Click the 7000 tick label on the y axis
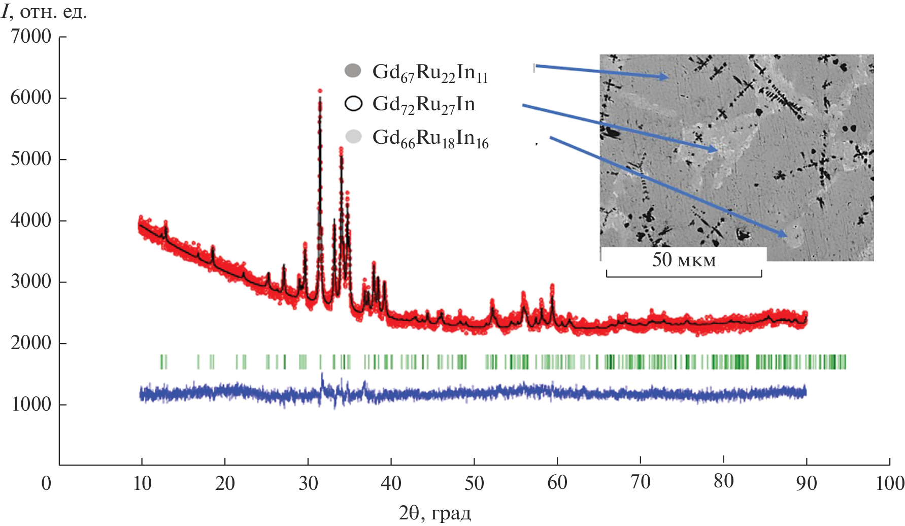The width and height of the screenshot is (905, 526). (x=31, y=37)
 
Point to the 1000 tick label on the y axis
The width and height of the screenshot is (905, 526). (x=31, y=405)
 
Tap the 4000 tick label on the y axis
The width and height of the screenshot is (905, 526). (x=31, y=221)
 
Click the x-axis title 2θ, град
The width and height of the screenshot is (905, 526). (x=435, y=513)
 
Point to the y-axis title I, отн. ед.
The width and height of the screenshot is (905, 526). (x=44, y=11)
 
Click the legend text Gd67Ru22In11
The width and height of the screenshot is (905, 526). (x=430, y=73)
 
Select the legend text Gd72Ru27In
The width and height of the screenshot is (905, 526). (x=424, y=105)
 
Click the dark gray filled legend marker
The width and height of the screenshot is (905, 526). (x=353, y=71)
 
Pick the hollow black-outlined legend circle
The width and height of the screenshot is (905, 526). (x=353, y=103)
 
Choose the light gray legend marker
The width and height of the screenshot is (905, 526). (x=353, y=136)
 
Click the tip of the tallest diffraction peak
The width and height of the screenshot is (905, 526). (x=320, y=91)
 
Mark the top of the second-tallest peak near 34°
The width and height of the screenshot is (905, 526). (x=341, y=148)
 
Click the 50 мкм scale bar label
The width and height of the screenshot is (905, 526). (x=684, y=260)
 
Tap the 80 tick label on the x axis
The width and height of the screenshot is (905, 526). (x=723, y=481)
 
